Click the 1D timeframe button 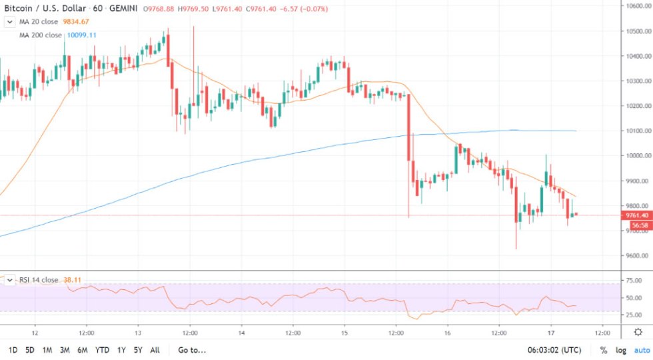point(13,350)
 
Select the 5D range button point(30,350)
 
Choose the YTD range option point(102,350)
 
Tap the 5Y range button point(137,350)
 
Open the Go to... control point(192,350)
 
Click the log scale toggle point(621,350)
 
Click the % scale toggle point(604,350)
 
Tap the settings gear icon point(638,332)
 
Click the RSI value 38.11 point(72,280)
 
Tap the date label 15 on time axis point(344,332)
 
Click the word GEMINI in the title point(126,8)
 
